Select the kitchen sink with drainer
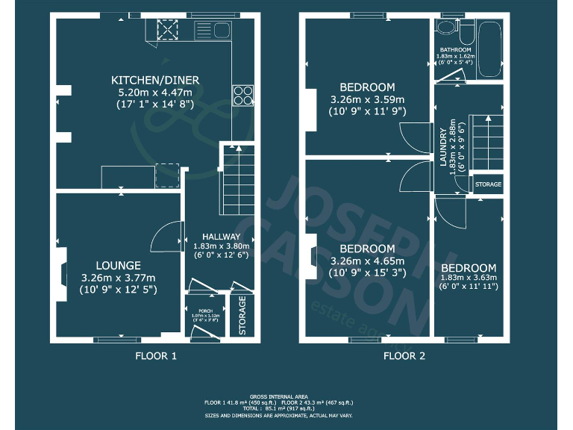pyautogui.click(x=213, y=31)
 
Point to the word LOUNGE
pyautogui.click(x=118, y=265)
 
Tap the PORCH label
pyautogui.click(x=204, y=310)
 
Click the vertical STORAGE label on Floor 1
pyautogui.click(x=242, y=317)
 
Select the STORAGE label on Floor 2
pyautogui.click(x=488, y=184)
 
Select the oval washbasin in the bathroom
pyautogui.click(x=445, y=28)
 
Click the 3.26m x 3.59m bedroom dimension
pyautogui.click(x=367, y=99)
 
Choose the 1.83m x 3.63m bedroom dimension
pyautogui.click(x=468, y=278)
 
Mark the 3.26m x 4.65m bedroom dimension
pyautogui.click(x=367, y=261)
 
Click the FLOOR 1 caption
pyautogui.click(x=155, y=356)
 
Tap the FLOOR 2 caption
pyautogui.click(x=404, y=356)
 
